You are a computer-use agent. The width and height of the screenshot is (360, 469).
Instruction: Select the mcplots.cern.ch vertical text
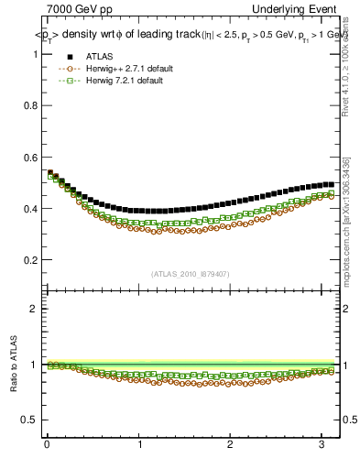coord(346,220)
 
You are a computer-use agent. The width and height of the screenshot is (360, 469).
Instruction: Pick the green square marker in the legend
coord(64,81)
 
